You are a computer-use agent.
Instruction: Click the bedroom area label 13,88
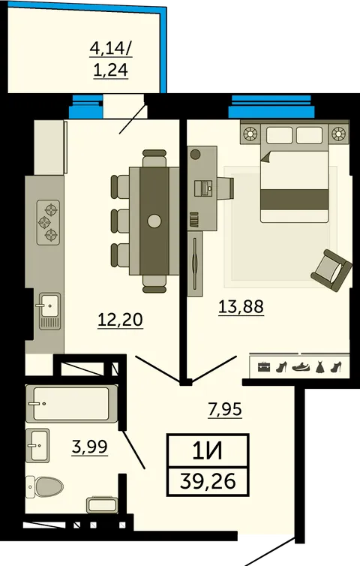point(241,307)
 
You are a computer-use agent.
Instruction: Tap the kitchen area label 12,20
point(121,321)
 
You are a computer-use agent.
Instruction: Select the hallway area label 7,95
point(225,410)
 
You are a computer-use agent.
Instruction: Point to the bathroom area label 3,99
point(90,447)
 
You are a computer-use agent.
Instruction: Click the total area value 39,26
point(208,481)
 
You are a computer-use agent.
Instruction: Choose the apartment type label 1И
point(208,451)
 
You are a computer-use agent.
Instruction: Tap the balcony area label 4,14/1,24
point(111,59)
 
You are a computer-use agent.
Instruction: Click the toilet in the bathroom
point(44,486)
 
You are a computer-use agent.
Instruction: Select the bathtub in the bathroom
point(71,404)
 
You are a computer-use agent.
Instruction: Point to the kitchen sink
point(49,311)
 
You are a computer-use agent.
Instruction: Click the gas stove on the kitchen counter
point(48,223)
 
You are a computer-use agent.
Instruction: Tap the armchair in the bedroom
point(331,270)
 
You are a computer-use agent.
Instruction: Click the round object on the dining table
point(154,221)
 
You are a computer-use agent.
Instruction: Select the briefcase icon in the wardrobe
point(264,367)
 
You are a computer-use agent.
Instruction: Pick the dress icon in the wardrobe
point(320,367)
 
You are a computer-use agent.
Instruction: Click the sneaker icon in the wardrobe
point(301,367)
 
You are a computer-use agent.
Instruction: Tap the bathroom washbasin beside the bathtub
point(37,445)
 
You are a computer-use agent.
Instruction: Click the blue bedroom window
point(271,107)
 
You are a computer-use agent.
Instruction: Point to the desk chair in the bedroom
point(226,188)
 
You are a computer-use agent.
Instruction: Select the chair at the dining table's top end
point(154,158)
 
